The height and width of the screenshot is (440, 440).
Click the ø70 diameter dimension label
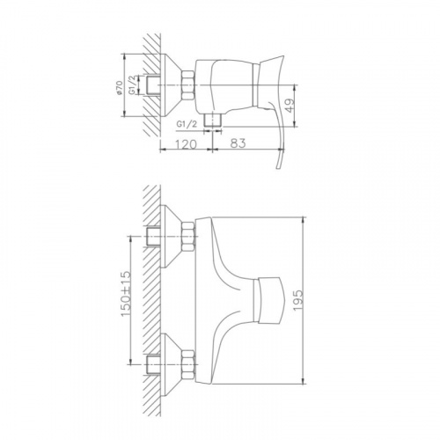(x=120, y=88)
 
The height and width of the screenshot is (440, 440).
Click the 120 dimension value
(x=186, y=144)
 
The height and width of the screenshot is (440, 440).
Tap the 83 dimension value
(x=238, y=143)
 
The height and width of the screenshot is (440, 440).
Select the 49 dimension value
(x=289, y=106)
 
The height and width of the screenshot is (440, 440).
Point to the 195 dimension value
(x=297, y=300)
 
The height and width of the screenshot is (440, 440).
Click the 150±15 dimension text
(x=126, y=294)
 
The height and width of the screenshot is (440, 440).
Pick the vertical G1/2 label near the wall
(x=133, y=85)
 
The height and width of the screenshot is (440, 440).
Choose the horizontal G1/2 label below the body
(x=187, y=124)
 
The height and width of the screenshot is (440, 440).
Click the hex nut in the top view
(x=188, y=85)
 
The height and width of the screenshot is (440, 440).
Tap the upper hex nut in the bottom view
(x=188, y=237)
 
